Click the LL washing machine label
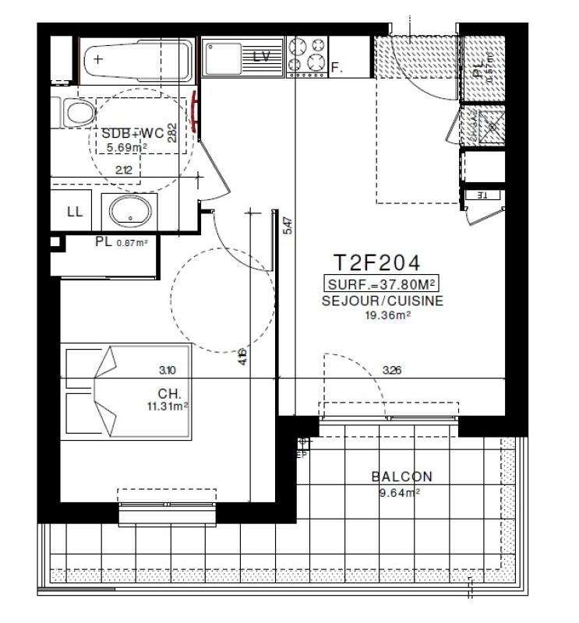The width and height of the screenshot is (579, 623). [x=76, y=212]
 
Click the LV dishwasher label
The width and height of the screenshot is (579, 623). [x=263, y=56]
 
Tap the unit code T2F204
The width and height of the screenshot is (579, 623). [x=378, y=262]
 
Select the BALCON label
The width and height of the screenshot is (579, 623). [x=401, y=477]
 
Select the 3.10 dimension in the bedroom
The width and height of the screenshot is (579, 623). [x=164, y=371]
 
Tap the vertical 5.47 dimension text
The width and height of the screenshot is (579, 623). [x=288, y=226]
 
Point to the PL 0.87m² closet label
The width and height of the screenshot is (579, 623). [x=121, y=242]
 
